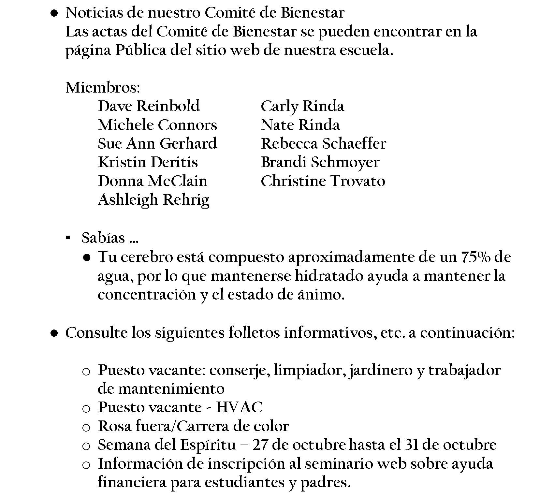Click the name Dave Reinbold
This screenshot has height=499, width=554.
149,106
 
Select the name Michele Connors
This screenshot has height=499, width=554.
157,125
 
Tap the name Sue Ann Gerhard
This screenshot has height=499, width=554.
157,144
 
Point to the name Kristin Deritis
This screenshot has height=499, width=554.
148,162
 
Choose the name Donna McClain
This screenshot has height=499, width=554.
153,181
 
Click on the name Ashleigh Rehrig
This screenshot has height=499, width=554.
153,200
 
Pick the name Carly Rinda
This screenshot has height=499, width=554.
302,106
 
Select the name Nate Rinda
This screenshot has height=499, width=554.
300,125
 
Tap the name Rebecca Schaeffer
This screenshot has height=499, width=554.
323,144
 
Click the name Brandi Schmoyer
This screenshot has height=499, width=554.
320,162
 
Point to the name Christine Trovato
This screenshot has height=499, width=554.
323,181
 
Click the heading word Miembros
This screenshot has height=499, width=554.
103,87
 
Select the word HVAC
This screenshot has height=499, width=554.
239,407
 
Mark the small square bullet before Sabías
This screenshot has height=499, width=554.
68,238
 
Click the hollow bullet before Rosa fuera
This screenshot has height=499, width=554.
86,427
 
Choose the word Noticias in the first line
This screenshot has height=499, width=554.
94,13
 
